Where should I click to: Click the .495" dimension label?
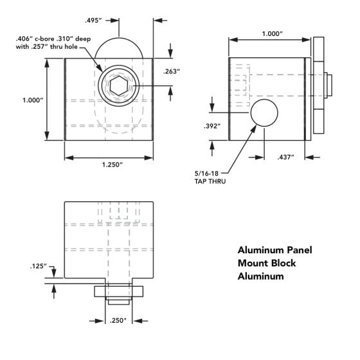coord(93,21)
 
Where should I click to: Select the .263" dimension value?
coord(172,71)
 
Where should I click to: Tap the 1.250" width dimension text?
coord(113,165)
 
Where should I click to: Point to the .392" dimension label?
coord(212,126)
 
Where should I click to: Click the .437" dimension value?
coord(285,157)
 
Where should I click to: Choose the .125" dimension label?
coord(39,266)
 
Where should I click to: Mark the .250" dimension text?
coord(118,321)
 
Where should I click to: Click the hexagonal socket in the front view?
coord(119,86)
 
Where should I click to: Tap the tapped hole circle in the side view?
coord(264,113)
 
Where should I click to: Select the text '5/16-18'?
coord(206,174)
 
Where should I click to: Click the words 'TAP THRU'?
coord(210,181)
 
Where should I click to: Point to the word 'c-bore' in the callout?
coord(44,39)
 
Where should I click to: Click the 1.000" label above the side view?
coord(273,33)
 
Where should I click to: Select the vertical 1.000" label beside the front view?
coord(33,100)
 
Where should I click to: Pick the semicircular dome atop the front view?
coord(119,38)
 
